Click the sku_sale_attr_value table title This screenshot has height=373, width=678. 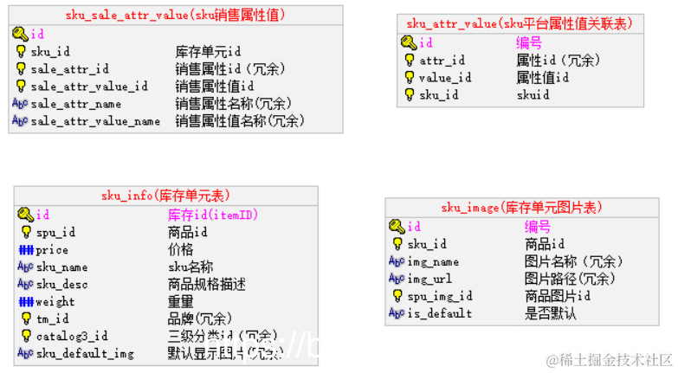(x=175, y=15)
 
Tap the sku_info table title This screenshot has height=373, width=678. (x=165, y=196)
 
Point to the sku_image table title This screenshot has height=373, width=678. (x=521, y=208)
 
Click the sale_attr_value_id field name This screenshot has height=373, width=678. (x=89, y=87)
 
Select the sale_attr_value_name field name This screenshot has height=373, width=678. (x=95, y=121)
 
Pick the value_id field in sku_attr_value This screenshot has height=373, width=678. (x=445, y=78)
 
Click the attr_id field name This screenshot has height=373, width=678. (x=442, y=61)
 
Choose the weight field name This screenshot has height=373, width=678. (x=55, y=302)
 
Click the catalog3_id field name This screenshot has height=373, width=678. (x=72, y=336)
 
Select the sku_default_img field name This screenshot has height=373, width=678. (x=85, y=353)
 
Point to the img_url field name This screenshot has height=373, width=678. (x=429, y=279)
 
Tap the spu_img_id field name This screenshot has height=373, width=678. (x=440, y=296)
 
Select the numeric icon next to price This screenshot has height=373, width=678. (x=25, y=250)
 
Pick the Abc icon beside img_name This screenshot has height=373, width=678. (x=396, y=261)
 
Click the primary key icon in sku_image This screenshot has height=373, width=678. (x=396, y=227)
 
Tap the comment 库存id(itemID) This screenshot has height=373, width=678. (x=213, y=215)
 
